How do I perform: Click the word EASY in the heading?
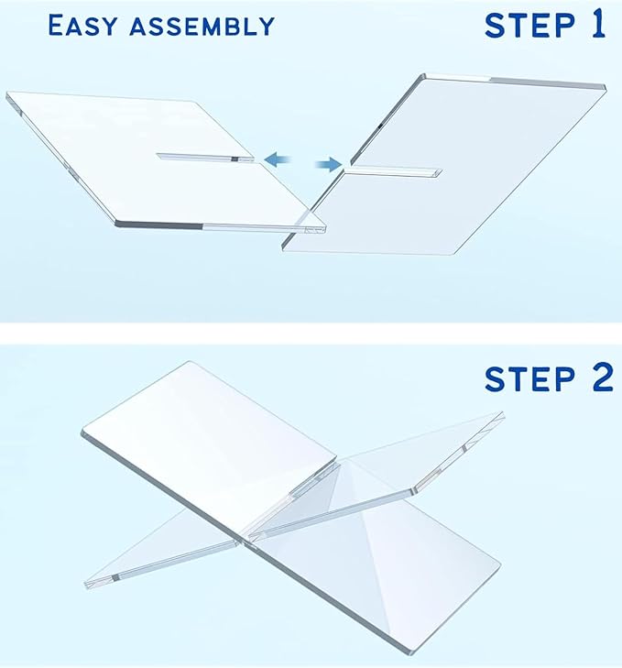tap(81, 25)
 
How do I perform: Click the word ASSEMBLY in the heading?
tap(201, 25)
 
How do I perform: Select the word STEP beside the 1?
tap(526, 25)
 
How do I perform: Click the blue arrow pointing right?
tap(325, 165)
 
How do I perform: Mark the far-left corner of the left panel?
tap(7, 93)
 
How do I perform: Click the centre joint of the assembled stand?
tap(246, 533)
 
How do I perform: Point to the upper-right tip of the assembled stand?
tap(503, 416)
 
